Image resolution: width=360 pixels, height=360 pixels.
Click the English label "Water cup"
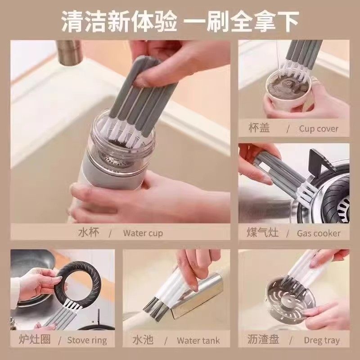click(x=143, y=233)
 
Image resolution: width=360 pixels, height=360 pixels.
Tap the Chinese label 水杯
click(x=89, y=233)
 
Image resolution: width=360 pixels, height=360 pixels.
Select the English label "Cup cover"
click(x=318, y=129)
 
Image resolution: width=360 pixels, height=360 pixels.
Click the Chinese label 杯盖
click(x=259, y=128)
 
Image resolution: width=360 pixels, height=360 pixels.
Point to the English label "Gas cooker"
click(x=318, y=233)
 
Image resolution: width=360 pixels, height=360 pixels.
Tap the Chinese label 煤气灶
click(x=263, y=233)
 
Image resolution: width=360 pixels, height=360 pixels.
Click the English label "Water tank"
click(x=198, y=340)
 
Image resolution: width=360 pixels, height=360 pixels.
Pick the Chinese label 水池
click(x=143, y=339)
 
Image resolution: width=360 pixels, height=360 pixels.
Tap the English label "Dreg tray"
click(x=321, y=340)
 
